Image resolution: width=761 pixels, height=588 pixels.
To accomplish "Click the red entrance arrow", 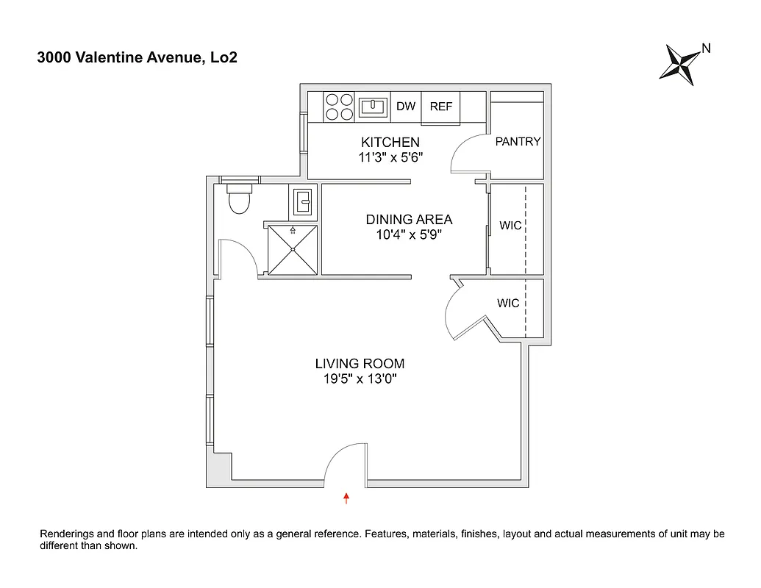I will coord(346,499).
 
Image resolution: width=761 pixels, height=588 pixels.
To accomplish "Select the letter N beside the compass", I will coord(706,49).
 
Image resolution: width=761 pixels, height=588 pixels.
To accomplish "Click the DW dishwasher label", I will coord(406,107).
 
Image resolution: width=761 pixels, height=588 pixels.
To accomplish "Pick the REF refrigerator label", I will coord(441,107).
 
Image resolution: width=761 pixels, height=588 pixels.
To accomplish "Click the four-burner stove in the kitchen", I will coord(338,107).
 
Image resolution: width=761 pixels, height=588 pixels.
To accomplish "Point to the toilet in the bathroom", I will coord(240,198).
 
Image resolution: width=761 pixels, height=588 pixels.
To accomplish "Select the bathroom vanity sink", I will coord(302,201).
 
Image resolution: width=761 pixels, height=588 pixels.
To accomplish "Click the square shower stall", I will coord(293,249).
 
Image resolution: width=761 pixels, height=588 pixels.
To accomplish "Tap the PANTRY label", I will coord(518,142).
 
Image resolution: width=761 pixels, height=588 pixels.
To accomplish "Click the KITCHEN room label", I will coord(390,142).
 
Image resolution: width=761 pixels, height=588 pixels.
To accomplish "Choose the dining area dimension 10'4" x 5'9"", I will coord(409,235).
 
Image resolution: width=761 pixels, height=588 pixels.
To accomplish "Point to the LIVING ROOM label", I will coord(360,364).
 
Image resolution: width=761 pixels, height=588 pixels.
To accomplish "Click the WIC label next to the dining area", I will coord(510,226).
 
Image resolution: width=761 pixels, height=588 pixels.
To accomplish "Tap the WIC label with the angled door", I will coord(508,303).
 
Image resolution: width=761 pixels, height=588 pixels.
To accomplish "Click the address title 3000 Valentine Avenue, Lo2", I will coord(137,58).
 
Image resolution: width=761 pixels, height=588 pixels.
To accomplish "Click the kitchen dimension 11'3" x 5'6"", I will coord(390,157).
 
